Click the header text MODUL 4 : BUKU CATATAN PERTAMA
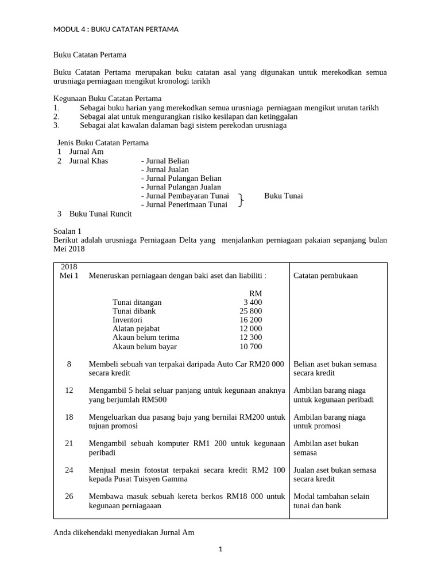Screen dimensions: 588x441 click(115, 29)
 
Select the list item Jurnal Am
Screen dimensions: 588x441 click(86, 152)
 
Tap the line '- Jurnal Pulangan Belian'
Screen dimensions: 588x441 click(181, 179)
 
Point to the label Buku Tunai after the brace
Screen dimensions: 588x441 click(283, 196)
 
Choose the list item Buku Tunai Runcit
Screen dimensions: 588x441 click(100, 214)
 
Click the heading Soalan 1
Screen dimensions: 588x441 click(67, 231)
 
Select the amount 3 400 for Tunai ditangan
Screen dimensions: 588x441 click(252, 302)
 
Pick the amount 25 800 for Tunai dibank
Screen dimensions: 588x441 click(250, 311)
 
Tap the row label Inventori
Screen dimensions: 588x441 click(127, 320)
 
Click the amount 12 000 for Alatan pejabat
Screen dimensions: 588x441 click(250, 328)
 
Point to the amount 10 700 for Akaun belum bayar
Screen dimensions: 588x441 click(250, 346)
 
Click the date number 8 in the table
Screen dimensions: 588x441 click(69, 364)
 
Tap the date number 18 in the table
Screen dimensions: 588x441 click(69, 417)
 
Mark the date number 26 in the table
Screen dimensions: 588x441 click(69, 496)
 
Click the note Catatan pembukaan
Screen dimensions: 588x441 click(325, 276)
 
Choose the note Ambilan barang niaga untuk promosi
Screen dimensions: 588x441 click(329, 421)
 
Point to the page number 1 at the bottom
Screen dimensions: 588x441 click(220, 549)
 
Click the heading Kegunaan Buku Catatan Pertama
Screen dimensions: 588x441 click(107, 99)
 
